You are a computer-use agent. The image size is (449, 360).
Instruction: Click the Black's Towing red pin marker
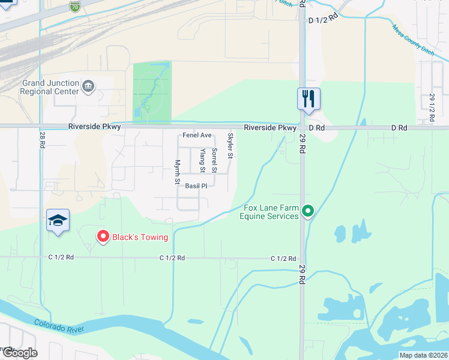[103, 237]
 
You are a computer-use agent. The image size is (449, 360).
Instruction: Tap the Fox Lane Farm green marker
[308, 211]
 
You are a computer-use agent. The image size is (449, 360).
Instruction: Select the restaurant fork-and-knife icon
[309, 98]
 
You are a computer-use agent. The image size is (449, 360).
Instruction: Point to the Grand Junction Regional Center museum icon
[89, 87]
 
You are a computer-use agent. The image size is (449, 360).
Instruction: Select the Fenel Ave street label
[197, 136]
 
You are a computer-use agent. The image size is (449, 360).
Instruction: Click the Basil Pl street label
[196, 186]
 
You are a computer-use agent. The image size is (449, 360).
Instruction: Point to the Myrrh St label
[177, 172]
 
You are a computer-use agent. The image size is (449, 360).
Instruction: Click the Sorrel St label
[214, 158]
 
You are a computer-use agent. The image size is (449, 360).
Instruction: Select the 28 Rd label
[43, 140]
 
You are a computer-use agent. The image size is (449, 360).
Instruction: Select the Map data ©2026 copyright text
[423, 355]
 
